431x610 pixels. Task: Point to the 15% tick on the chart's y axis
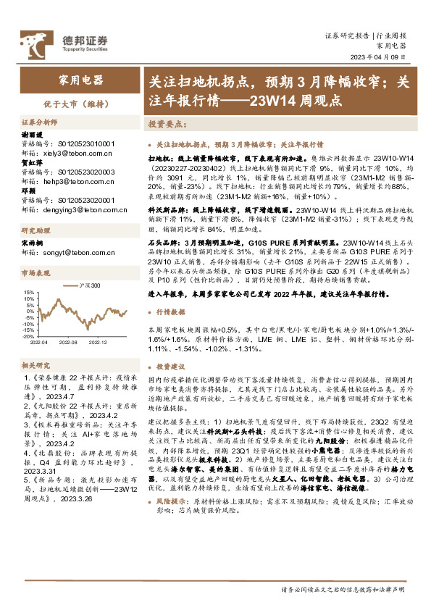coord(28,293)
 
